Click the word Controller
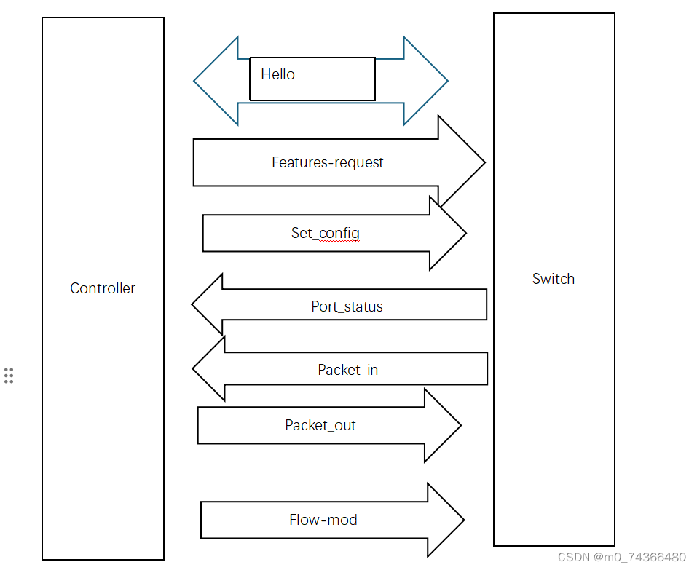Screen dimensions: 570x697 103,288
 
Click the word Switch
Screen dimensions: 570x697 554,279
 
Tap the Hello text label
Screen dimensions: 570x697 277,74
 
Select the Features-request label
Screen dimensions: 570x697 328,162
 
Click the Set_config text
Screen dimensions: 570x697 326,233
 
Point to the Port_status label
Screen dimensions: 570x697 347,306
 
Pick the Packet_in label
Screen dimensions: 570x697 347,370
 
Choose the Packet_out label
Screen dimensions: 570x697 320,425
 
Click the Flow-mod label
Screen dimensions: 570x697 323,520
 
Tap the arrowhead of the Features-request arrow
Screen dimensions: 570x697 461,162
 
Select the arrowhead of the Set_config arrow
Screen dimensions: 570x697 446,233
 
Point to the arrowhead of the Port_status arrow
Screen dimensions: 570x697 208,304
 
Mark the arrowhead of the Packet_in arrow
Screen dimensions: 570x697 210,369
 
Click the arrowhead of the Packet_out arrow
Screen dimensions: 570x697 441,425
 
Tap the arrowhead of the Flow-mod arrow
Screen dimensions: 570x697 444,520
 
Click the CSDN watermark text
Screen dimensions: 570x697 621,557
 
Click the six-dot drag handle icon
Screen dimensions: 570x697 9,376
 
